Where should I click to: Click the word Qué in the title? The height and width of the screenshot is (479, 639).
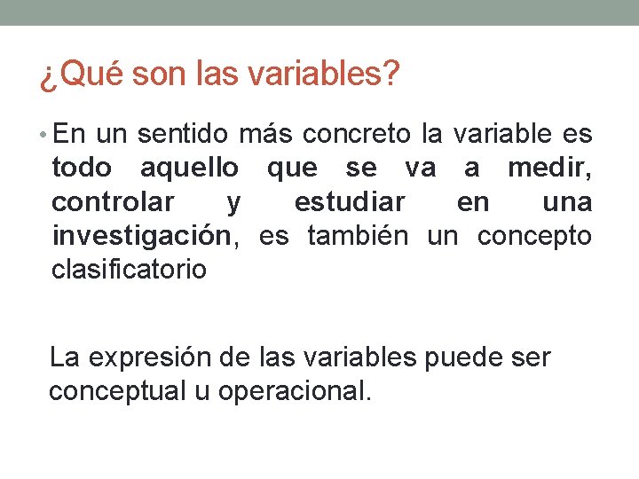[87, 76]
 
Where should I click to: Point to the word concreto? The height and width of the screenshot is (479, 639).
[356, 135]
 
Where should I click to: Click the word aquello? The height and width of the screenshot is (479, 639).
[189, 169]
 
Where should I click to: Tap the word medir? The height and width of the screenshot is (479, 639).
[549, 169]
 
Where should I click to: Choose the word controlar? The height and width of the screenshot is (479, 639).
[113, 202]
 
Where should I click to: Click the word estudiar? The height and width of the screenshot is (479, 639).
[350, 202]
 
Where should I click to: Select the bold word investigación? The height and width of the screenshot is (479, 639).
[143, 237]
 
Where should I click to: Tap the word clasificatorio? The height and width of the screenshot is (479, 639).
[129, 270]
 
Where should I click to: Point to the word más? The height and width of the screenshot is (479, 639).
[268, 135]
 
